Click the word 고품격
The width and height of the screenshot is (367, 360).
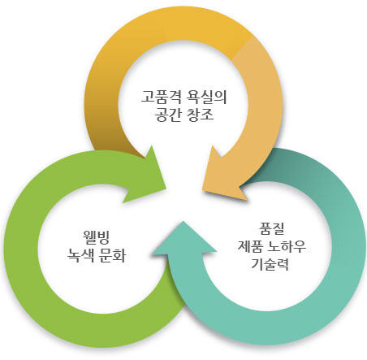[161, 97]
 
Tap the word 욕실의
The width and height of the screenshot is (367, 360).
[206, 97]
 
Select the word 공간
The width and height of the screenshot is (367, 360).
[168, 115]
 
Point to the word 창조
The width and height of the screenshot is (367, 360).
[201, 115]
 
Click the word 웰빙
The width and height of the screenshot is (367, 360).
[97, 237]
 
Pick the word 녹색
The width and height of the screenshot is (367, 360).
[80, 255]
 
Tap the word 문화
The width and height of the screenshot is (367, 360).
[113, 255]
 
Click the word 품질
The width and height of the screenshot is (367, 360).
[271, 229]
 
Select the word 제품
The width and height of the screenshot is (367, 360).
[251, 246]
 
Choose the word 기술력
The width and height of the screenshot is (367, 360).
[270, 264]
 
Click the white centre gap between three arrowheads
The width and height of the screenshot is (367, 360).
[184, 201]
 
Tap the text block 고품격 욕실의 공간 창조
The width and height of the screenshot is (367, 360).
[184, 106]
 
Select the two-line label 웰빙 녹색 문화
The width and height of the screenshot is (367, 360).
[97, 246]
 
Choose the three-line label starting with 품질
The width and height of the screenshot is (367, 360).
[272, 246]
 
